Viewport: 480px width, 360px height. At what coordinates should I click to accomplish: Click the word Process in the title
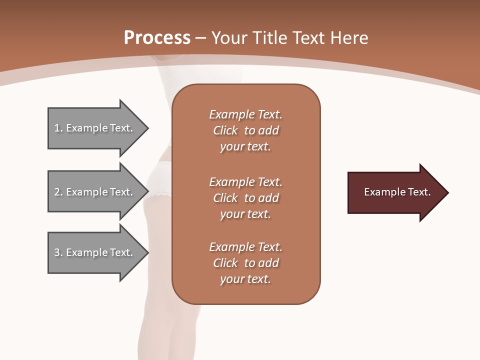157,38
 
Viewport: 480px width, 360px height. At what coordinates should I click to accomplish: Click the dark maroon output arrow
398,192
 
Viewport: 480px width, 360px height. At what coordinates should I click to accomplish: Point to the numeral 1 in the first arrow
56,128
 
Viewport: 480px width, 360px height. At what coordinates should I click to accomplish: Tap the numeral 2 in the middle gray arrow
57,192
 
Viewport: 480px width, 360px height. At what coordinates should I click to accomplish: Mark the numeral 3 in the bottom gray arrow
57,252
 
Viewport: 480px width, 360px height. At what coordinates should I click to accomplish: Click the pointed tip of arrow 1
149,128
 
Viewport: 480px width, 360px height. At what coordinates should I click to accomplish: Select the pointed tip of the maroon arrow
449,192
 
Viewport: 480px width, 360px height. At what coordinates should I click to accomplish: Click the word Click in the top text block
225,130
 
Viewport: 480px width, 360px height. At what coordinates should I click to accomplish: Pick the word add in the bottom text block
268,263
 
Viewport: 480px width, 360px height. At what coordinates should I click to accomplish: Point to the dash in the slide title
200,39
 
